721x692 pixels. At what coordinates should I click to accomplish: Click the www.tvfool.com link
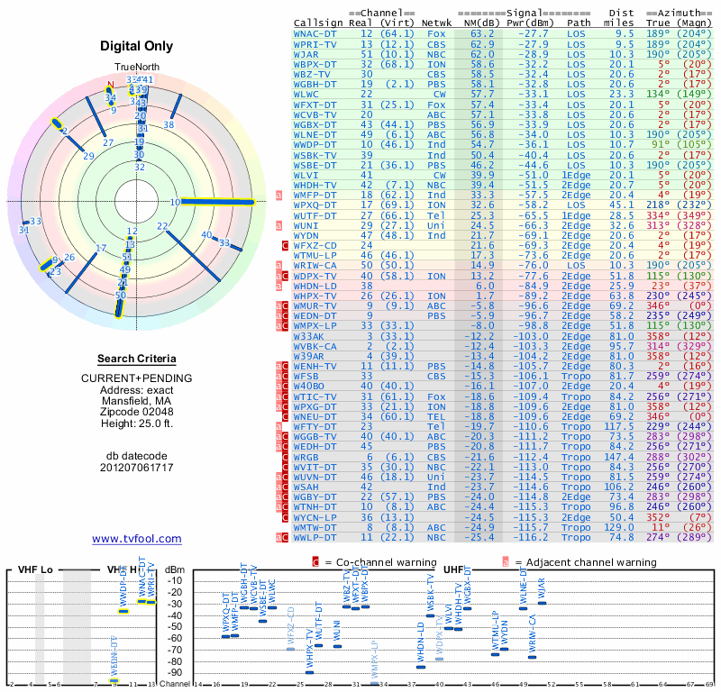[x=136, y=539]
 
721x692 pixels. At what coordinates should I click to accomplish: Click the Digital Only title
[x=136, y=46]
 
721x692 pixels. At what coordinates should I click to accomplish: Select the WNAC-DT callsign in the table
[x=315, y=33]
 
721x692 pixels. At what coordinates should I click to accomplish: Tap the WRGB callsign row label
[x=306, y=458]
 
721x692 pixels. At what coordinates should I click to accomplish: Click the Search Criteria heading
[x=136, y=359]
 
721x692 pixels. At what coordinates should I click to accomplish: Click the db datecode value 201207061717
[x=136, y=468]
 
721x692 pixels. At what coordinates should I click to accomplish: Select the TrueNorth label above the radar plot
[x=136, y=68]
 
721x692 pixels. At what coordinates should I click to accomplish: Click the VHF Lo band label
[x=36, y=570]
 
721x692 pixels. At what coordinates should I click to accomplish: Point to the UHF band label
[x=453, y=570]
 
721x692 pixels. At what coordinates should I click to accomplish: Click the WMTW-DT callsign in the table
[x=315, y=527]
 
